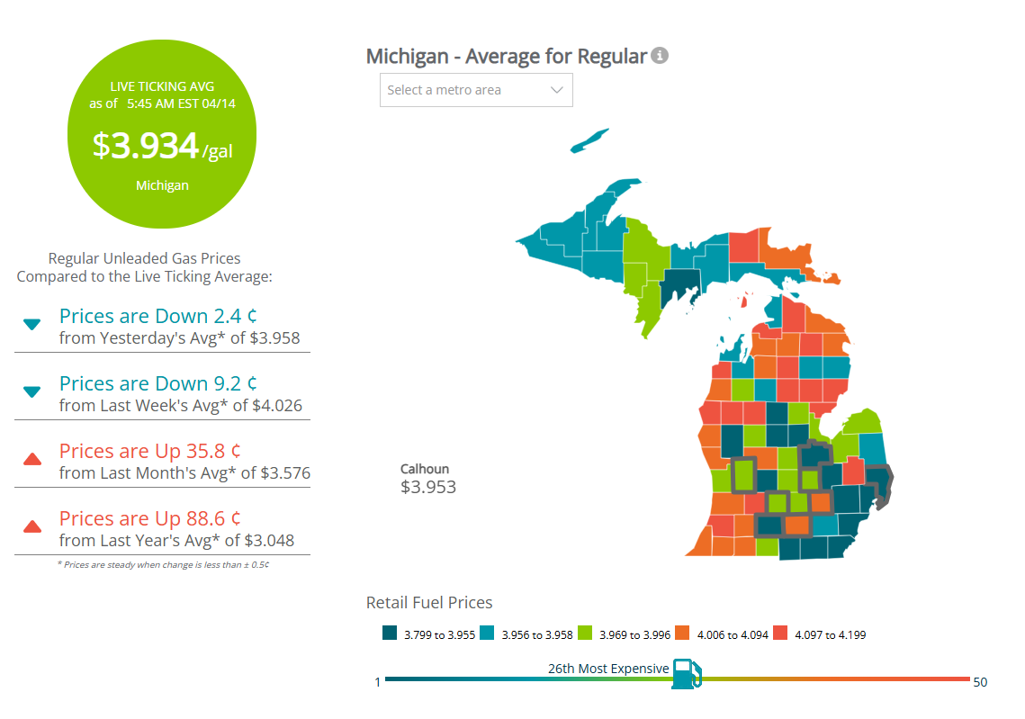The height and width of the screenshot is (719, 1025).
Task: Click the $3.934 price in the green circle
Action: pos(146,147)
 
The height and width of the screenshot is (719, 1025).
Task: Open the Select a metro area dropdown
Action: pos(476,90)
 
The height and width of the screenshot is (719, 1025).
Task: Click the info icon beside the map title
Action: pos(660,56)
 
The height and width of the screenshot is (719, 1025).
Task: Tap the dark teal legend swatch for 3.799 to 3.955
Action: pos(390,634)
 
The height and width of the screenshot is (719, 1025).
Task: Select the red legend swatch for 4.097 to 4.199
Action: pos(779,634)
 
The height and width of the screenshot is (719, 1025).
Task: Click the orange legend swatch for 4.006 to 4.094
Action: pos(682,634)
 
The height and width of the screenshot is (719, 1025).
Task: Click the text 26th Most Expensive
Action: pos(608,669)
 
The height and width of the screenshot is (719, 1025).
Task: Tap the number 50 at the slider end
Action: pos(980,682)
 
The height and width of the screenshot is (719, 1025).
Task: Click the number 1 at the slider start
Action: pos(378,682)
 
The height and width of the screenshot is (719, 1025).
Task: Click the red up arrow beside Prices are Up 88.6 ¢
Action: pos(32,526)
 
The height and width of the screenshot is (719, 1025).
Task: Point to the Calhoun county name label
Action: pos(425,469)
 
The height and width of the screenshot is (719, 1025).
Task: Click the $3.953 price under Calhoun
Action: pos(428,488)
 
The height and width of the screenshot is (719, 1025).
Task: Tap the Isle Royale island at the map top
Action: pos(590,141)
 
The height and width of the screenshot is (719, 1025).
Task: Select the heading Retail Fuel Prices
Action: pos(429,603)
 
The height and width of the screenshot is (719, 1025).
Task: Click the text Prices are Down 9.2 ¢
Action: pos(158,383)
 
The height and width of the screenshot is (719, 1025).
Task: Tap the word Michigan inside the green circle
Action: pos(162,185)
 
